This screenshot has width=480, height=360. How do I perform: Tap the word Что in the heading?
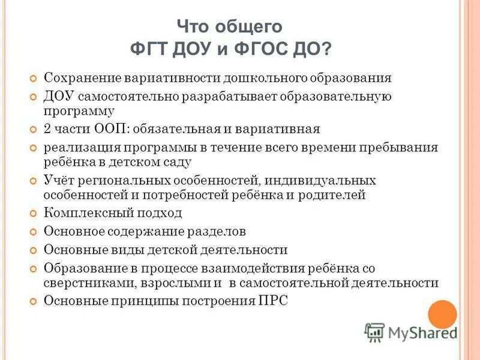(x=193, y=27)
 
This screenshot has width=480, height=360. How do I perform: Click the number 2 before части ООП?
(x=48, y=129)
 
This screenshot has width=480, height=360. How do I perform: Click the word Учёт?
(x=59, y=181)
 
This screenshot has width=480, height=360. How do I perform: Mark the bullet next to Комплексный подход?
(x=34, y=214)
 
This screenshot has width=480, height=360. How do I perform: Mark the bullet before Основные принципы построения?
(x=34, y=301)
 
